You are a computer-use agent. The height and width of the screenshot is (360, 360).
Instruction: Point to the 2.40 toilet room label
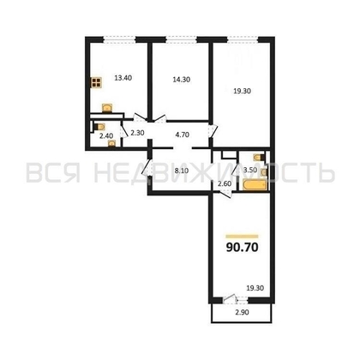click(106, 135)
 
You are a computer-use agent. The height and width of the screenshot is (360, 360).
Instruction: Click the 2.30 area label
click(136, 132)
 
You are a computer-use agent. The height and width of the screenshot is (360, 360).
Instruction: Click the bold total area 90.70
click(243, 249)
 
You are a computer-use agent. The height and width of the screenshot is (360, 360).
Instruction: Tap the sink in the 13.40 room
click(106, 108)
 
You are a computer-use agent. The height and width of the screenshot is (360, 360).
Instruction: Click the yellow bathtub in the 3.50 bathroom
click(254, 185)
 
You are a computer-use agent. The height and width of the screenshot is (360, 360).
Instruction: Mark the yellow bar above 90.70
click(242, 236)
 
